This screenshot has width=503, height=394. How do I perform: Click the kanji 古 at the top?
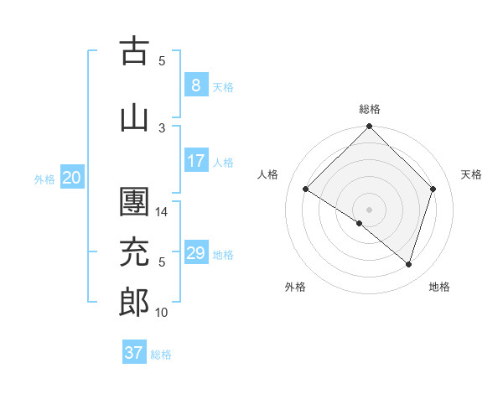click(134, 51)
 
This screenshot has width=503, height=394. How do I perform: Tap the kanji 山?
click(134, 117)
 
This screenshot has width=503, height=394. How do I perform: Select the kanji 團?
click(134, 204)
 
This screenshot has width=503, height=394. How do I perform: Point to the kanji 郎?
click(134, 303)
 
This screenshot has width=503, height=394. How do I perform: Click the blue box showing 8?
click(195, 86)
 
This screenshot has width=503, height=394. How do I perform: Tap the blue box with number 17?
click(195, 162)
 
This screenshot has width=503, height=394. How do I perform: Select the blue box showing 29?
click(195, 254)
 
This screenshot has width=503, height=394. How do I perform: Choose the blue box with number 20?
click(72, 178)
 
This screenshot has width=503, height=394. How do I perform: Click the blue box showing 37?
click(134, 353)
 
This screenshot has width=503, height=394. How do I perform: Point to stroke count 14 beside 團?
click(163, 212)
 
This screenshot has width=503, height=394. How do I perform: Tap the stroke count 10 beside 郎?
click(162, 313)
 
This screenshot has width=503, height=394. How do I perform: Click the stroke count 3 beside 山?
click(162, 127)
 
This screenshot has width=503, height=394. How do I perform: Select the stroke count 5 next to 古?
click(162, 60)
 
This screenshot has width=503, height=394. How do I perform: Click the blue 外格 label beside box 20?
click(44, 179)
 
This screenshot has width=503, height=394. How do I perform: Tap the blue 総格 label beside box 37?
click(161, 355)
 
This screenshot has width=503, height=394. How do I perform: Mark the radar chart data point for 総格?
click(369, 127)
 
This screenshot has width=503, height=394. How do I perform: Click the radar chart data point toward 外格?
click(360, 223)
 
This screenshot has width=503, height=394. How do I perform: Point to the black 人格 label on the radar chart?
click(267, 174)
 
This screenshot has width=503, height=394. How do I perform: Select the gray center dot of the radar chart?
click(369, 209)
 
